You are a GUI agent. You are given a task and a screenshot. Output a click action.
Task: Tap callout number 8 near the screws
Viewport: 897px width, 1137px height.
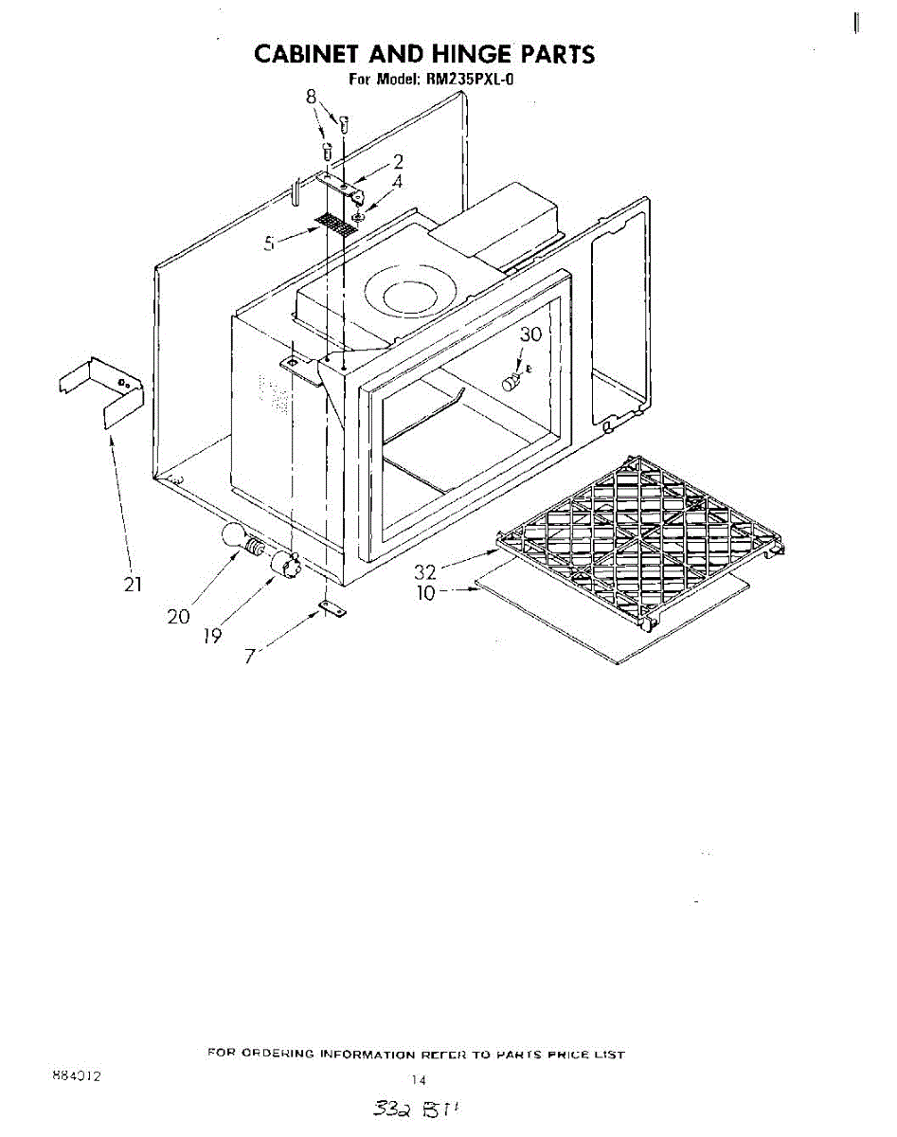(x=311, y=96)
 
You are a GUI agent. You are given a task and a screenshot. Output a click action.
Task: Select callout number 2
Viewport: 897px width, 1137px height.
(x=399, y=162)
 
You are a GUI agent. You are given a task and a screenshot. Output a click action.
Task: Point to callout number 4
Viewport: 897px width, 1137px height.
(x=397, y=181)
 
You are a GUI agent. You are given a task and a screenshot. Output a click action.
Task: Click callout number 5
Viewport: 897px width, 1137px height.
(x=271, y=244)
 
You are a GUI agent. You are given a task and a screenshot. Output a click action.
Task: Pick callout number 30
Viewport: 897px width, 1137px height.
(x=531, y=334)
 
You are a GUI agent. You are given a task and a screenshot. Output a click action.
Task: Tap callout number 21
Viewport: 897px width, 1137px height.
(x=133, y=584)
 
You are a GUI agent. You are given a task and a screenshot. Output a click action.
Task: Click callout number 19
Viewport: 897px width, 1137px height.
(x=212, y=635)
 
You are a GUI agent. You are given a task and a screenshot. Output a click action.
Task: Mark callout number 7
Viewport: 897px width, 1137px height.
(x=249, y=655)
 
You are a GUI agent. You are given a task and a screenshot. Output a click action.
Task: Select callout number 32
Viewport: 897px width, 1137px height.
(x=424, y=572)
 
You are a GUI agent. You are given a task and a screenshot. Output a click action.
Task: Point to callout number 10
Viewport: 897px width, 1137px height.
(x=425, y=593)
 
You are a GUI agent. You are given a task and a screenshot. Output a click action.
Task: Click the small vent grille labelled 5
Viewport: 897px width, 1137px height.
(x=332, y=224)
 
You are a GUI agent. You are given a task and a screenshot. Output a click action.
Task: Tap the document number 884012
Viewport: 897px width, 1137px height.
(x=78, y=1077)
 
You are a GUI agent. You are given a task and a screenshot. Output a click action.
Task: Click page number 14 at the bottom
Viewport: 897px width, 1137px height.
(x=420, y=1079)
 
